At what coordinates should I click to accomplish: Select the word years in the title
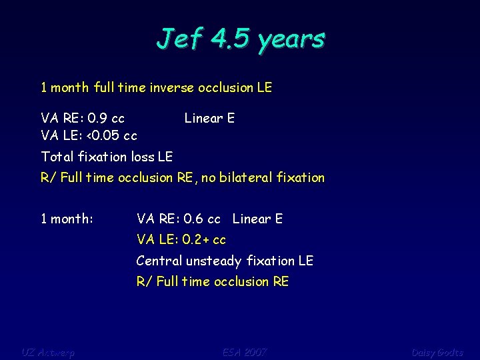point(292,40)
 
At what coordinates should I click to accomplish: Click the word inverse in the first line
point(167,87)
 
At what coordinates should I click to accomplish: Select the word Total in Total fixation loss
point(57,157)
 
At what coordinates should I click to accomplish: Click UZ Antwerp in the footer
point(48,352)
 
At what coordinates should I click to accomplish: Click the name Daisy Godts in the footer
point(437,352)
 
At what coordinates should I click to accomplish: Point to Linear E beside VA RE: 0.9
point(209,119)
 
